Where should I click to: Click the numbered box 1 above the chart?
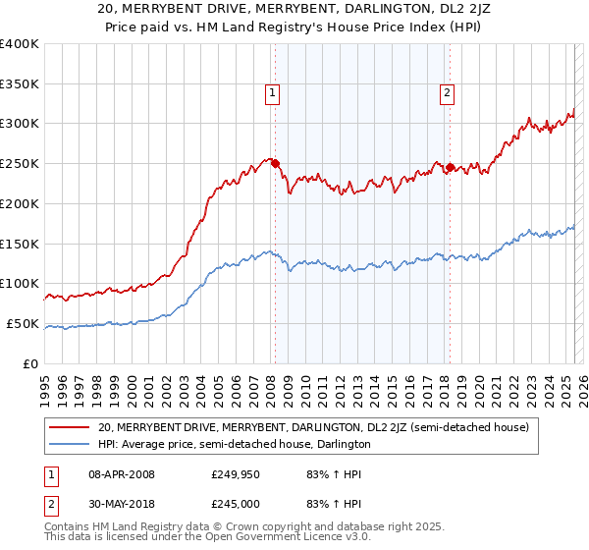point(271,94)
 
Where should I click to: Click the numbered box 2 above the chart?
point(447,94)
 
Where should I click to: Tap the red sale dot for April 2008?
point(275,163)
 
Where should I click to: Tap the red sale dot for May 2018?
point(451,167)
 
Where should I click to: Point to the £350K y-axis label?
point(20,84)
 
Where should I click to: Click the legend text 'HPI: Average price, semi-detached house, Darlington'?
point(235,444)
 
